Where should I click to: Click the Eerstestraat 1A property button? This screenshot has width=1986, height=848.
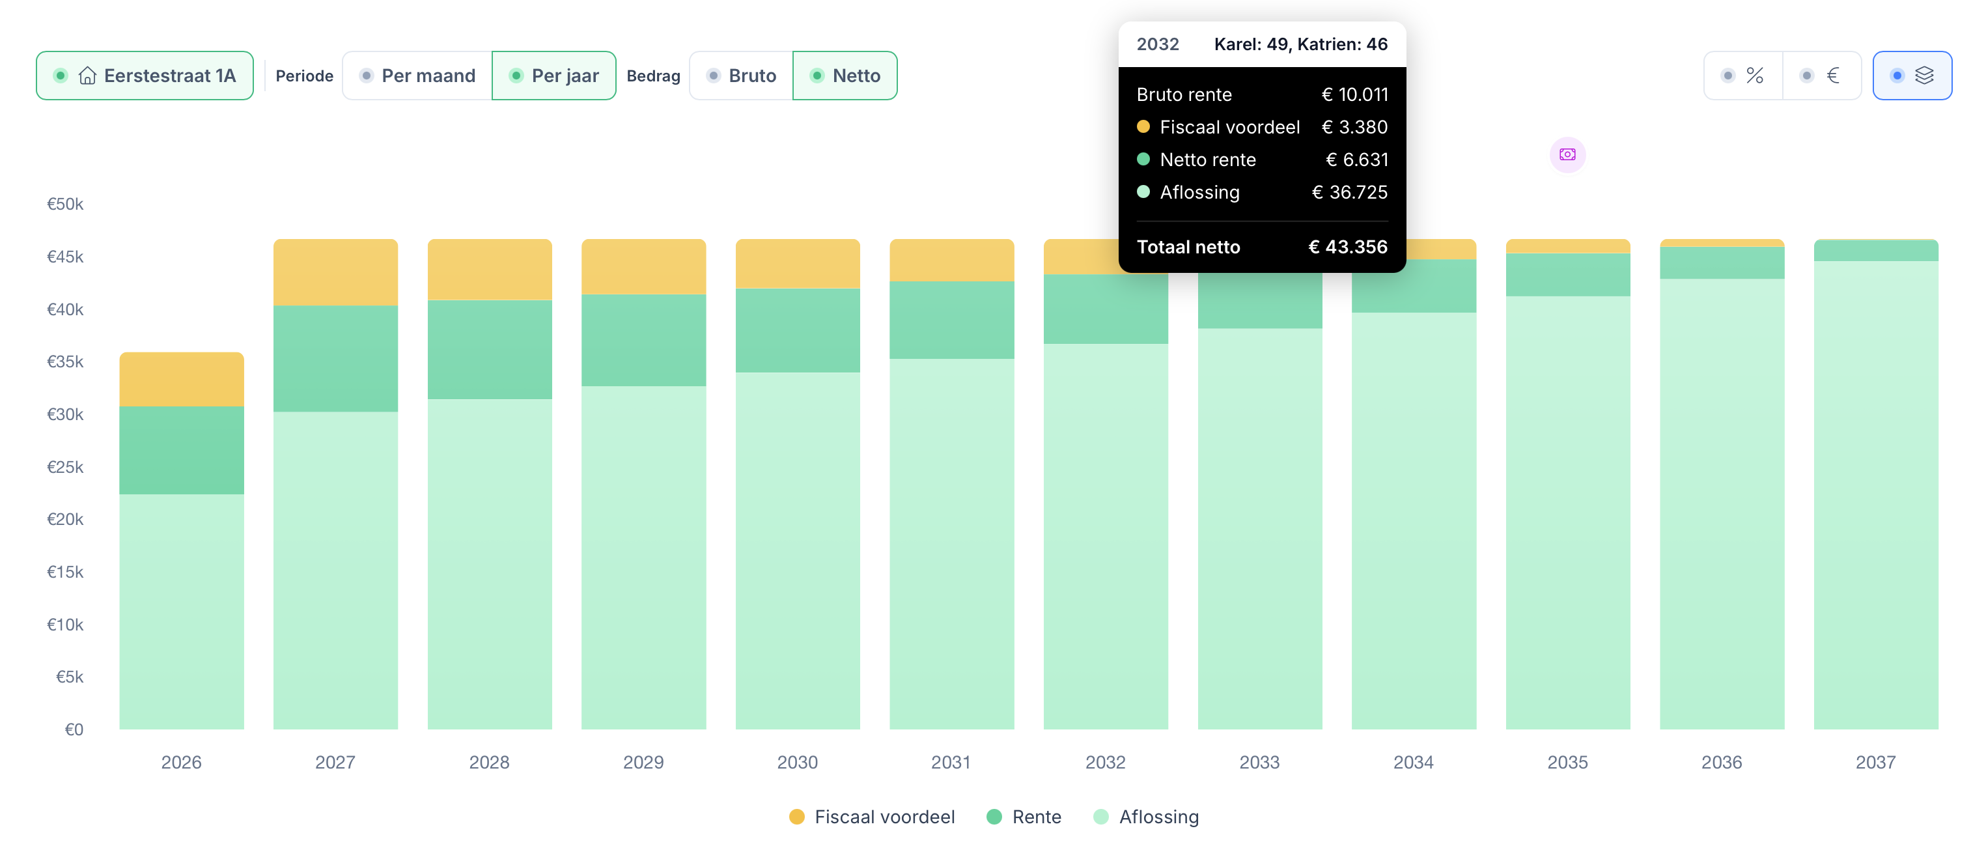(x=145, y=76)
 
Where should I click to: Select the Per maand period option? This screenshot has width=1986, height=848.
(x=417, y=76)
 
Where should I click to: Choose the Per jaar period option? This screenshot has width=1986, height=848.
(x=553, y=76)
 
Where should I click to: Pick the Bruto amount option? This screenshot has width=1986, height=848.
(x=741, y=76)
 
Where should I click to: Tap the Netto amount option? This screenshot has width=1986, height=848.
(x=845, y=76)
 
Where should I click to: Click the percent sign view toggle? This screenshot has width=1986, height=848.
(x=1743, y=76)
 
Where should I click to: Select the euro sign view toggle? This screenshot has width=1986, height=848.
(x=1822, y=76)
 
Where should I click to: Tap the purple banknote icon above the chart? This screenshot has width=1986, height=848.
(x=1567, y=155)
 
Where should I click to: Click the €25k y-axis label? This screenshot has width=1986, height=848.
(x=66, y=467)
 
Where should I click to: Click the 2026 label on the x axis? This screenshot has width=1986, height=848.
(x=181, y=763)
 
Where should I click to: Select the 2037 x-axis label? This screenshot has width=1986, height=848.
(x=1875, y=763)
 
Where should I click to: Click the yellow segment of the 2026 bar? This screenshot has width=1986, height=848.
(x=182, y=379)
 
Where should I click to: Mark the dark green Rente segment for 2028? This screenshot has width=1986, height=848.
(x=490, y=349)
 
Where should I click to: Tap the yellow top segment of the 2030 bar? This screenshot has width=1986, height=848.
(x=798, y=264)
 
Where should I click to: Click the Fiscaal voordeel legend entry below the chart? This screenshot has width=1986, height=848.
(x=872, y=817)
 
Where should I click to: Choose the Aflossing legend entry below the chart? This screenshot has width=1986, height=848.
(x=1147, y=817)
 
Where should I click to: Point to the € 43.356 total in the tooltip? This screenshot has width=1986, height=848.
(x=1348, y=247)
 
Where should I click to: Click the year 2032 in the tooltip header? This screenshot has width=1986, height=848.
(x=1158, y=44)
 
